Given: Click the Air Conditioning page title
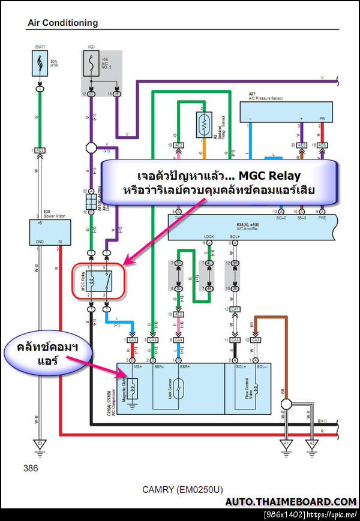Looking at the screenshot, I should pyautogui.click(x=62, y=23).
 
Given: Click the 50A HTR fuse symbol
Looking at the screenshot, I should pyautogui.click(x=40, y=62).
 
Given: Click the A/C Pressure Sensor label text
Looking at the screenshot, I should pyautogui.click(x=269, y=98).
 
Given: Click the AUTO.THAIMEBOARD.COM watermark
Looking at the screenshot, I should pyautogui.click(x=290, y=502).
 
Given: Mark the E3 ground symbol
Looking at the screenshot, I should pyautogui.click(x=40, y=444).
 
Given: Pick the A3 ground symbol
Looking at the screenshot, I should pyautogui.click(x=311, y=444).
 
